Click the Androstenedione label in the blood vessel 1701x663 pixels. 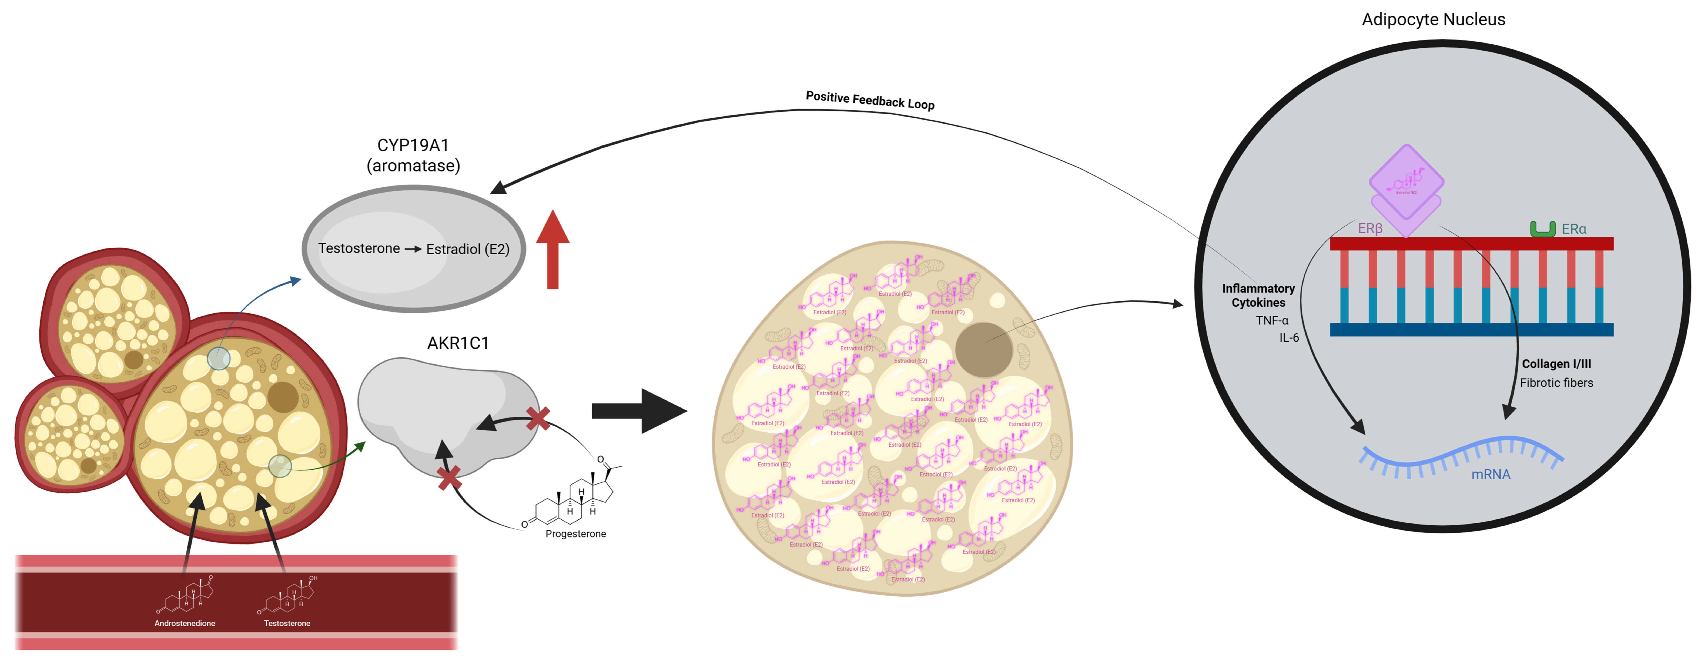[x=185, y=623]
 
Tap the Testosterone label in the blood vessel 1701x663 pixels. [x=287, y=623]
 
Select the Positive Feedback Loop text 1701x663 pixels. [x=870, y=100]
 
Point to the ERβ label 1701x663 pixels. [x=1370, y=228]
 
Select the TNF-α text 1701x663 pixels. [x=1272, y=320]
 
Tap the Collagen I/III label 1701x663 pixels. [x=1556, y=364]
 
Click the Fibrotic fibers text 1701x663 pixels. [x=1556, y=383]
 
